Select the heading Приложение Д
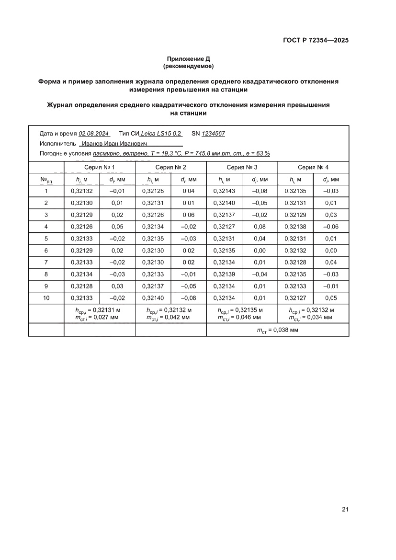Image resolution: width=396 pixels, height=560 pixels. (188, 58)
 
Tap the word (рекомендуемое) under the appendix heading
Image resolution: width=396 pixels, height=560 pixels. (188, 66)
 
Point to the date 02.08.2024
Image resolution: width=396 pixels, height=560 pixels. (94, 134)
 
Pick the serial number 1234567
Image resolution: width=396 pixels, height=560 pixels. (213, 134)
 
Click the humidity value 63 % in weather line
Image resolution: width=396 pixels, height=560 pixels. (262, 153)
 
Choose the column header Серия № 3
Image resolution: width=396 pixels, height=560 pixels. (242, 167)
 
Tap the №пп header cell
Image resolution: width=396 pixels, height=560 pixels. (46, 180)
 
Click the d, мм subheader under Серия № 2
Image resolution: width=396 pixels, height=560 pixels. (188, 180)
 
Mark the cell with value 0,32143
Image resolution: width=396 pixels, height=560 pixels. (224, 191)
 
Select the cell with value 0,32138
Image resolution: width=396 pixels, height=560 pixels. (295, 226)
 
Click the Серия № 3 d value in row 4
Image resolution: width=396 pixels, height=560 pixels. (260, 226)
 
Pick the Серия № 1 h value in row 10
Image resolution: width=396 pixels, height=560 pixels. (81, 298)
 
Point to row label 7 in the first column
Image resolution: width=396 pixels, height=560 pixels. (46, 263)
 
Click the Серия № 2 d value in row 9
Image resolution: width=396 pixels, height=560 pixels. (188, 286)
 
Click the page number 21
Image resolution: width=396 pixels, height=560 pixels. (345, 509)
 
